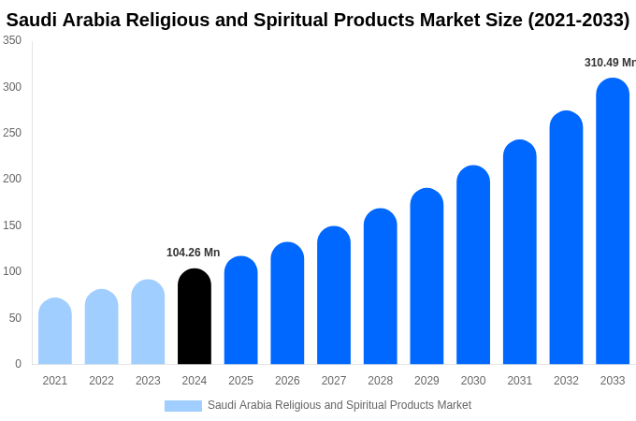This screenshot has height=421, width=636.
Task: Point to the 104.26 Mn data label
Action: [x=194, y=253]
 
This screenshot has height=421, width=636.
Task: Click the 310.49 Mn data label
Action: [x=610, y=63]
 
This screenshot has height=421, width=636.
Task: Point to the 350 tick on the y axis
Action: [x=12, y=40]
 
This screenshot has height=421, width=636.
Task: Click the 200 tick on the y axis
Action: [x=12, y=179]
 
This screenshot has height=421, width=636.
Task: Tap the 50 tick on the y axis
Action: [x=15, y=318]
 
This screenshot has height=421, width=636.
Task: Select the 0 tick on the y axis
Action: [x=18, y=364]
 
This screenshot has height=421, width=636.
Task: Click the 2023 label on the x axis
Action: [x=148, y=381]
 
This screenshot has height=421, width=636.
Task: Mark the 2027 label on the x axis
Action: [x=334, y=381]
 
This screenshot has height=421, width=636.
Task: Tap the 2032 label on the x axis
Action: [x=566, y=381]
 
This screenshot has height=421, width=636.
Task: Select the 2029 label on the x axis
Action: [x=426, y=381]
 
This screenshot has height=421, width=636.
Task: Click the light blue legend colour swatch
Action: [x=183, y=405]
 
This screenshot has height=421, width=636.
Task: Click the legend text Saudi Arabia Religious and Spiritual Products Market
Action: [x=340, y=405]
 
